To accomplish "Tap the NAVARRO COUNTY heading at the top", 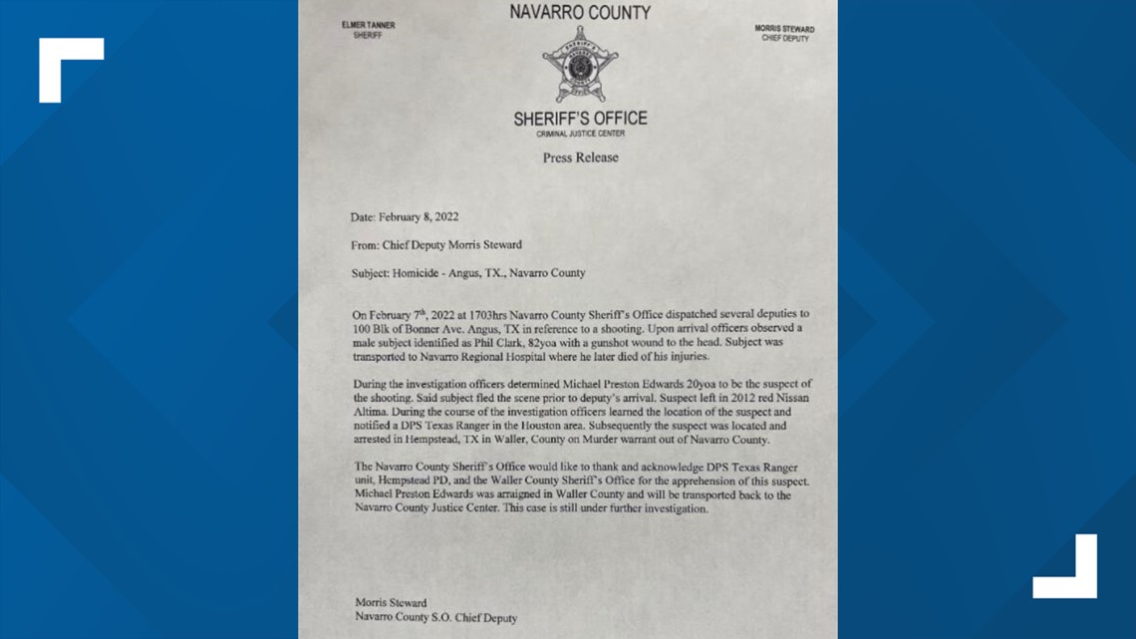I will [580, 13].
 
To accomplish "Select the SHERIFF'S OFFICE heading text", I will [580, 119].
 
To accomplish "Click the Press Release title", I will [580, 158].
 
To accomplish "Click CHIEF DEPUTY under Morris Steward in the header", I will [785, 39].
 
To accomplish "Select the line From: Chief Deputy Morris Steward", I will [436, 244].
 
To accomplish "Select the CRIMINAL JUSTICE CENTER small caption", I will [580, 133].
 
